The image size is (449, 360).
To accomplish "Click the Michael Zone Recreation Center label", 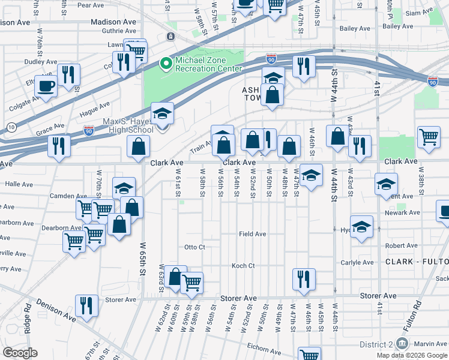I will pyautogui.click(x=208, y=64).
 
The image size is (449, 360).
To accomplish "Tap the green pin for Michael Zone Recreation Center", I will pyautogui.click(x=165, y=62).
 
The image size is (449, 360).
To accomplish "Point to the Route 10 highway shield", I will pyautogui.click(x=11, y=127).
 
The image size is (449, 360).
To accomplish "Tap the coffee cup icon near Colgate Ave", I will pyautogui.click(x=46, y=85).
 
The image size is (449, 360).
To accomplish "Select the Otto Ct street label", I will pyautogui.click(x=194, y=247).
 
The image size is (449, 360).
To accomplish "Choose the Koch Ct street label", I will pyautogui.click(x=244, y=266).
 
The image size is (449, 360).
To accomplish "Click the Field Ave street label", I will pyautogui.click(x=252, y=234).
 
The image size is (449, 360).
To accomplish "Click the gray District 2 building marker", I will pyautogui.click(x=403, y=344).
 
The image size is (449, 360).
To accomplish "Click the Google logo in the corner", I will pyautogui.click(x=20, y=353).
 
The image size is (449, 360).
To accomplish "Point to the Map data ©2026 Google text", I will pyautogui.click(x=412, y=355).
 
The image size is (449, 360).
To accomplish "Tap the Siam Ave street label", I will pyautogui.click(x=413, y=12).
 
